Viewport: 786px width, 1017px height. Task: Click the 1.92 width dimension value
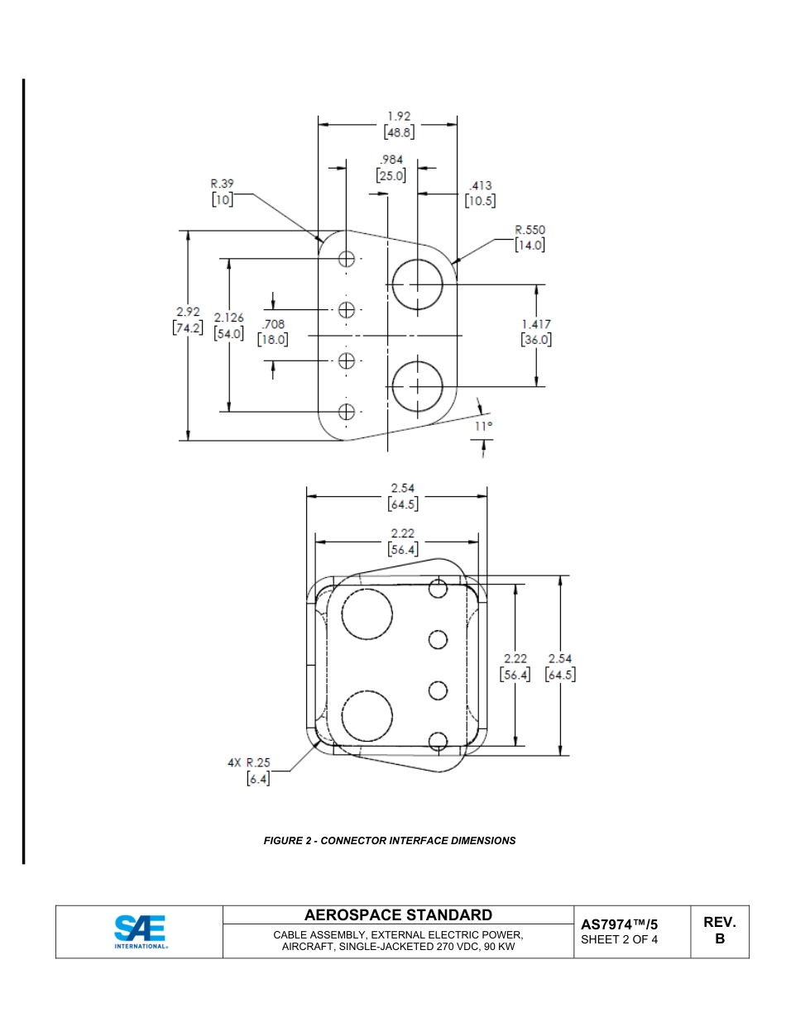(x=399, y=117)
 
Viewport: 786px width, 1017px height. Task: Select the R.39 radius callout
(x=222, y=184)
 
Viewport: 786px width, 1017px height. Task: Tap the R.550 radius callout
(x=530, y=230)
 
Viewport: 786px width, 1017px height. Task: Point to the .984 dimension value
(x=391, y=160)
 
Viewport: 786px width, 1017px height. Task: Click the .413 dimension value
(x=480, y=186)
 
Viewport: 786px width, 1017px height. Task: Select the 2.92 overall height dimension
(x=188, y=312)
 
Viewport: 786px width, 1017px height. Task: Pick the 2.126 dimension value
(x=228, y=318)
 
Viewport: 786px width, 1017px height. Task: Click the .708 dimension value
(x=272, y=324)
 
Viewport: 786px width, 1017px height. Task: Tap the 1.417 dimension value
(x=536, y=324)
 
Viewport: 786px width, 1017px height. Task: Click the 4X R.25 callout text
(x=249, y=762)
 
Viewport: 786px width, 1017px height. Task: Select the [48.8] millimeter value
(x=399, y=131)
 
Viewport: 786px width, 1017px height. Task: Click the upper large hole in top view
(x=417, y=284)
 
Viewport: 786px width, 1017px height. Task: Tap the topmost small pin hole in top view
(x=347, y=258)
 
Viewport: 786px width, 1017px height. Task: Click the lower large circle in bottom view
(x=367, y=715)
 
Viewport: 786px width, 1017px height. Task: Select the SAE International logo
(x=139, y=932)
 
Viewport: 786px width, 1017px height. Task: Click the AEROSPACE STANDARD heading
(x=398, y=914)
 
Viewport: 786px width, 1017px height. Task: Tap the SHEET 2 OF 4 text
(x=619, y=939)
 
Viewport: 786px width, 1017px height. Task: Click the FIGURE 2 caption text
(x=390, y=840)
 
